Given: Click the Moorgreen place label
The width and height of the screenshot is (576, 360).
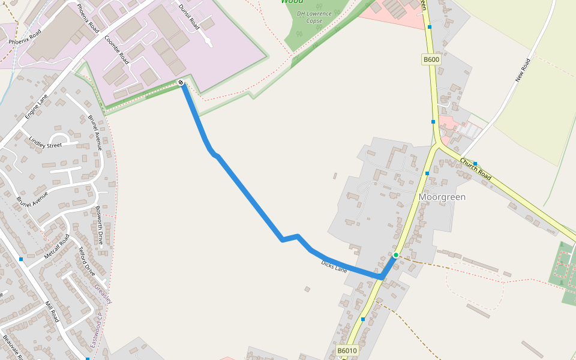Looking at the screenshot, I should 442,197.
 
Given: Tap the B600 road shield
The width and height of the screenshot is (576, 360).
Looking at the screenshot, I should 431,59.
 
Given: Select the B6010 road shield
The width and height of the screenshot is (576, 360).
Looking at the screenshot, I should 347,351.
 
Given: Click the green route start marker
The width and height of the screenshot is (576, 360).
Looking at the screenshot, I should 395,255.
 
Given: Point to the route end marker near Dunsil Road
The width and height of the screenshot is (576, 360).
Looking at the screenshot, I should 181,83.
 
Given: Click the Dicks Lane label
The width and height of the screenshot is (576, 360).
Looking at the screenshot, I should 334,266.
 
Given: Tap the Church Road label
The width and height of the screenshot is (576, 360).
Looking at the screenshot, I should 476,169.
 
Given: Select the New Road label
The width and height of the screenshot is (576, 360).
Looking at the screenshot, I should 523,70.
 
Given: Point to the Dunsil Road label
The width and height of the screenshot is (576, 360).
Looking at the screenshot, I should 189,17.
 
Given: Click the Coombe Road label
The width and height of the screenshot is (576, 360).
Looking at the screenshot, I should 116,49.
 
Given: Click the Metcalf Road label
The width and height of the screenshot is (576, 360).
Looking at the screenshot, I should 58,247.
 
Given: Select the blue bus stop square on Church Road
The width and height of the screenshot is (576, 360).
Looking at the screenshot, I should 475,163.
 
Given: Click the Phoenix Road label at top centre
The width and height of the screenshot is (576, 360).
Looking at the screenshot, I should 88,19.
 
